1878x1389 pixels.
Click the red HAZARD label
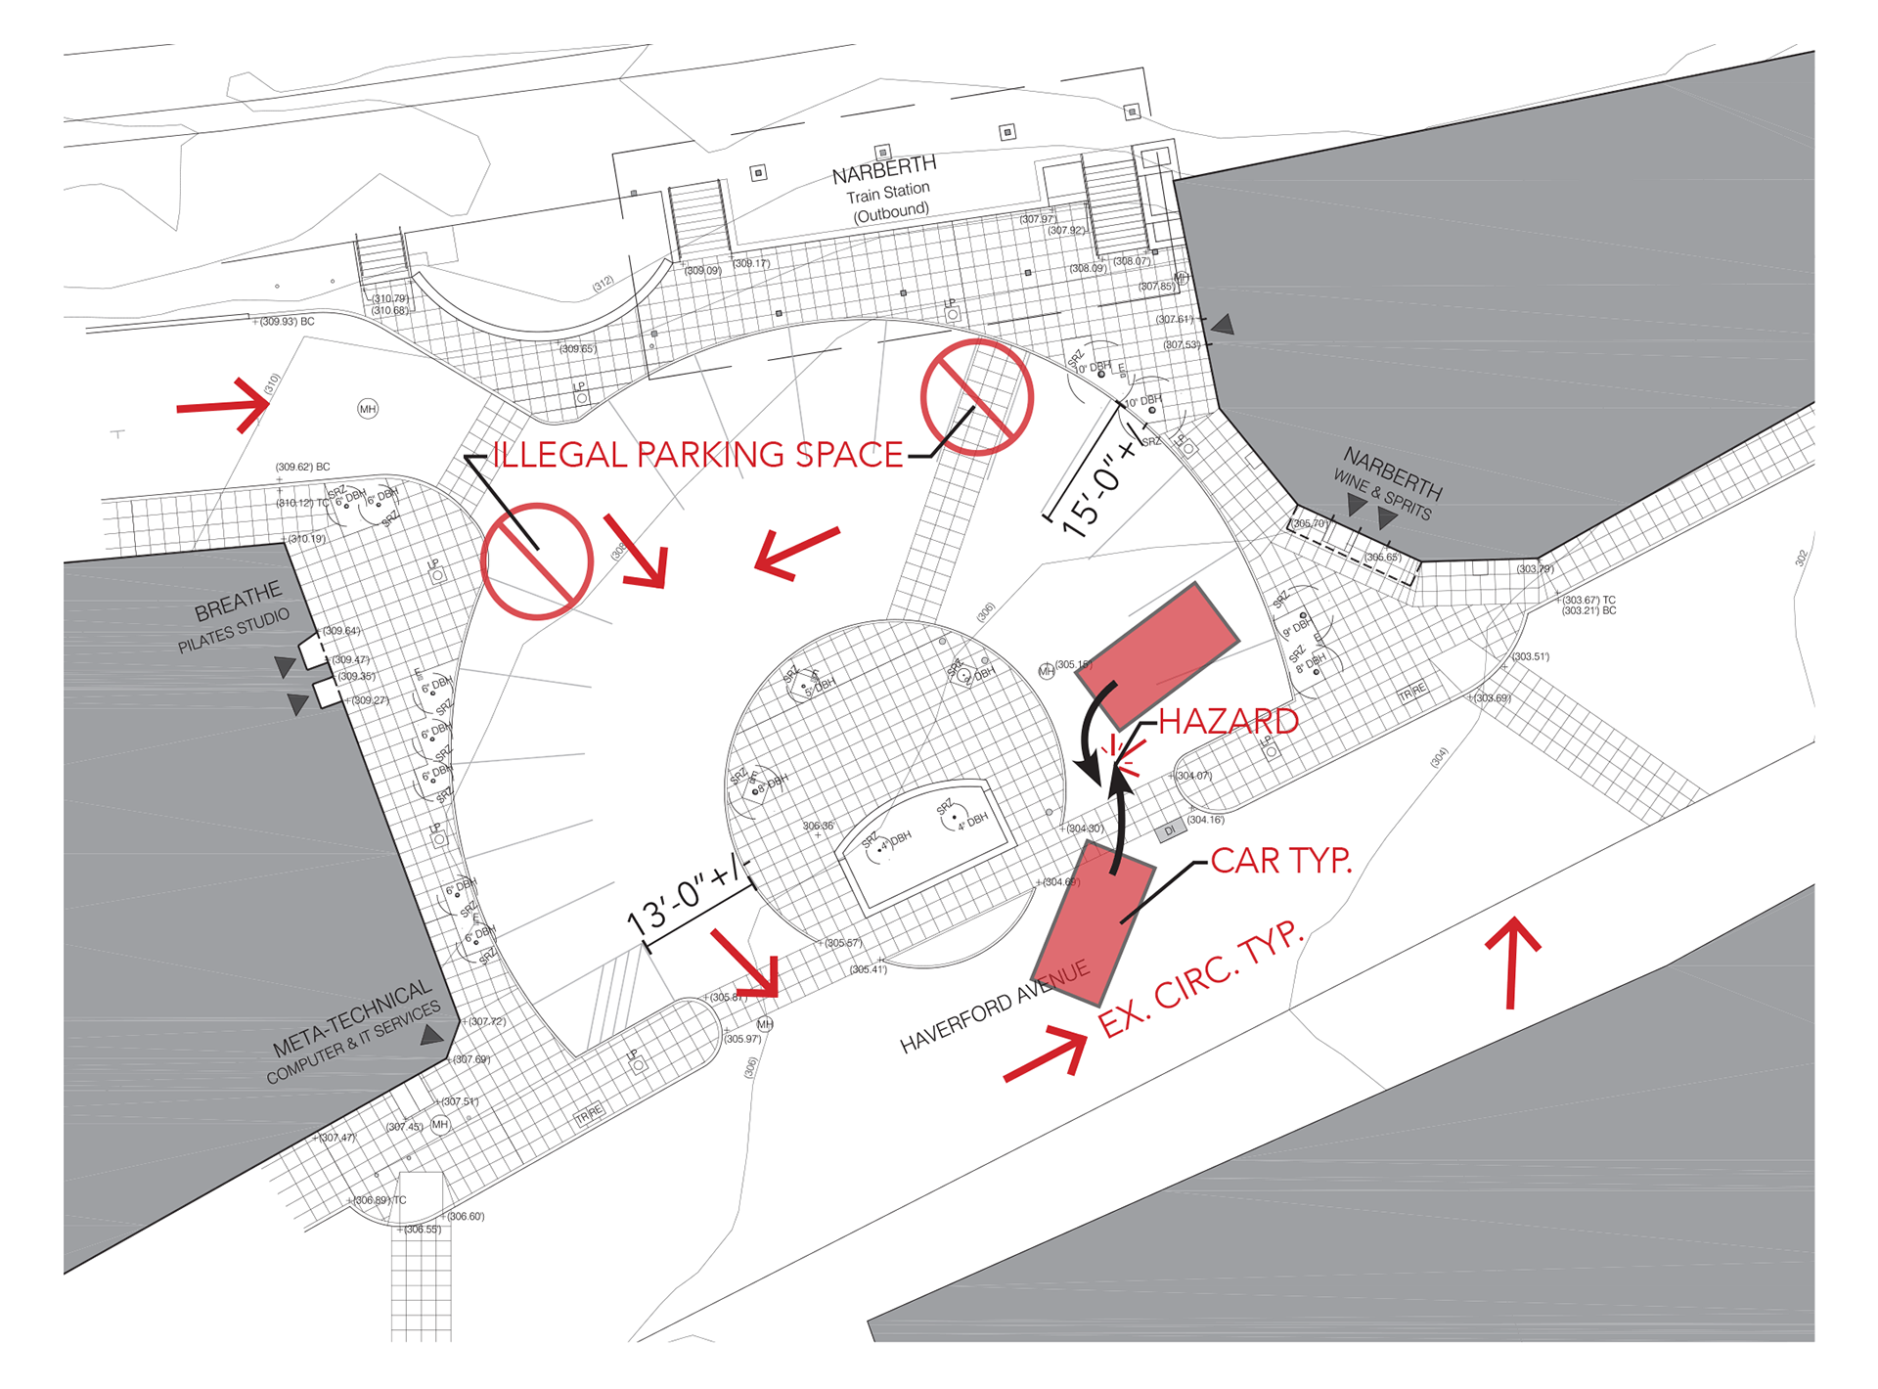1228,722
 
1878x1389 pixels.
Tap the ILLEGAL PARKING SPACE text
697,455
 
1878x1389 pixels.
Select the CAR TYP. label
1280,861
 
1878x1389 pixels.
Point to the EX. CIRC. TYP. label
1201,979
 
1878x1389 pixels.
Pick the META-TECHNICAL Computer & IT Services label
354,1032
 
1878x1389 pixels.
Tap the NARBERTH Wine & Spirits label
1388,483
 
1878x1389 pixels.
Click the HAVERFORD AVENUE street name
994,1008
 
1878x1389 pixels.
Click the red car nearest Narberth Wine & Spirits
1157,653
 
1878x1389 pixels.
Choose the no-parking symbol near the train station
976,397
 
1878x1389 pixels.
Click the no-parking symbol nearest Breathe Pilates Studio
537,561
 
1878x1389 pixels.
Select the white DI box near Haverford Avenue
1170,830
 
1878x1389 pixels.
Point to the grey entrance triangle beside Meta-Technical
431,1034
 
